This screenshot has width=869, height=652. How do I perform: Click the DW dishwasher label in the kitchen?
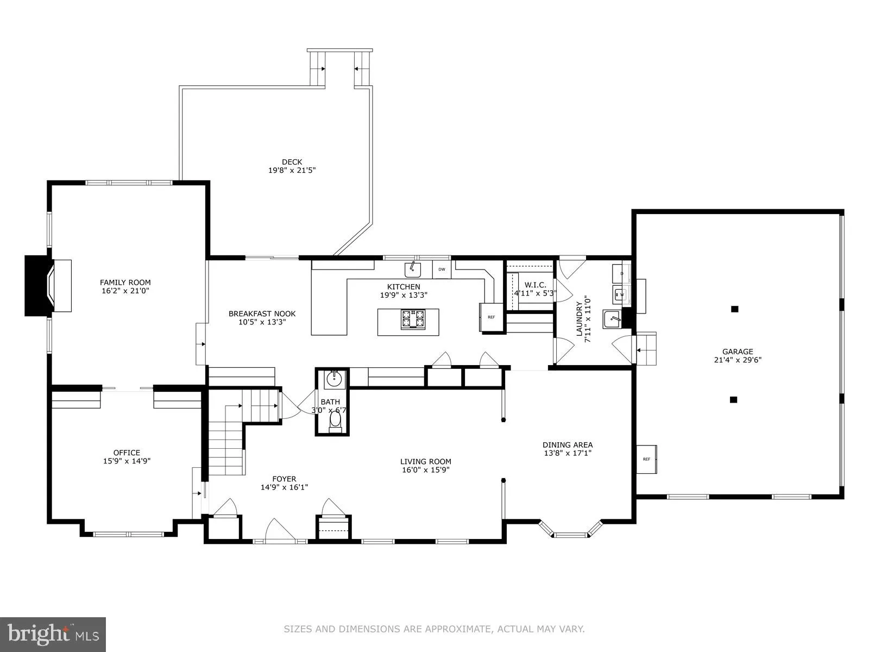(442, 269)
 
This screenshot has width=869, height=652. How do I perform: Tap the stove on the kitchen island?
(413, 319)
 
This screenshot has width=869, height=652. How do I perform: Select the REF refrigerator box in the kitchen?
(491, 317)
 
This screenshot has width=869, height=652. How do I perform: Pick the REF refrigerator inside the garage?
(646, 459)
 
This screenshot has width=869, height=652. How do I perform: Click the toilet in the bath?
(335, 421)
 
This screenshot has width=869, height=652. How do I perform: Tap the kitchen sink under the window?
(413, 268)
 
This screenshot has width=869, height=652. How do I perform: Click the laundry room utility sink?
(612, 319)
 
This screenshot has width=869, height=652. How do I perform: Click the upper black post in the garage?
(734, 309)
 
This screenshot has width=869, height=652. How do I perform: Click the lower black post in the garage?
(733, 400)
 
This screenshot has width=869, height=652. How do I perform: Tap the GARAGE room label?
(737, 352)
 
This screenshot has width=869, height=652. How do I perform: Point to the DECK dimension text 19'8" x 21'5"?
(292, 170)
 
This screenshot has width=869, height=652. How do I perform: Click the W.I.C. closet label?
(535, 285)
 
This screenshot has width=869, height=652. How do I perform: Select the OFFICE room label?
(127, 453)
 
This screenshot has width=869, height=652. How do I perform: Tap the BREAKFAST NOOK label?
(262, 314)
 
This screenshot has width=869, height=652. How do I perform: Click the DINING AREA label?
(567, 444)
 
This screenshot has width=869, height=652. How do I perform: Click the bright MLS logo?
(53, 634)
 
